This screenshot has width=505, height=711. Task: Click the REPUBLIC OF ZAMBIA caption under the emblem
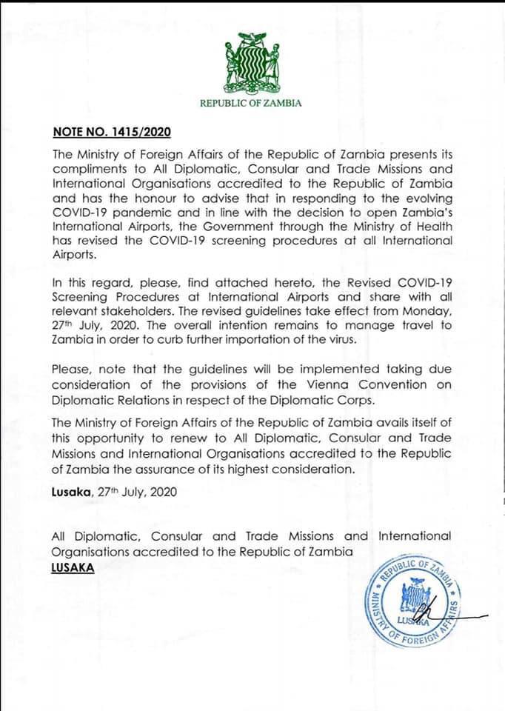[x=251, y=103]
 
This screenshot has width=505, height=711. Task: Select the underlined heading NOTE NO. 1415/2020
[x=112, y=133]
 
